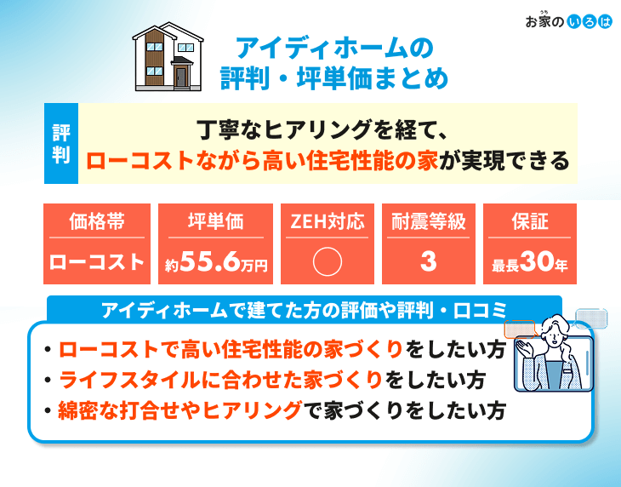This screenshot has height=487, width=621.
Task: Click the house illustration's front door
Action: click(x=180, y=77)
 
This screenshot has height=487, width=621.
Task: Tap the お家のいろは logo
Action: click(x=569, y=20)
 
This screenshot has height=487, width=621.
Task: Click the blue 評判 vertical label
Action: click(x=61, y=143)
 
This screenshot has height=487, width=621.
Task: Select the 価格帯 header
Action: click(x=97, y=221)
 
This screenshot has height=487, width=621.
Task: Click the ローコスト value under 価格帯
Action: click(x=97, y=262)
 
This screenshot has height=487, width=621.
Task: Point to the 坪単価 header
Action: click(x=215, y=221)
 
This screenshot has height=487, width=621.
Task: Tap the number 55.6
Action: click(x=210, y=261)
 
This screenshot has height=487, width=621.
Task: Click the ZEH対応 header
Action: click(x=328, y=221)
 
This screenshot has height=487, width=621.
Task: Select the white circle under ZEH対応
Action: click(x=328, y=261)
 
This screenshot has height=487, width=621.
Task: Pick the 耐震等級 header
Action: click(x=429, y=221)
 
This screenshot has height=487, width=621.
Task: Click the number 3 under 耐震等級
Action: click(x=429, y=261)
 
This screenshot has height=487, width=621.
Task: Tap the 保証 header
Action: click(x=530, y=221)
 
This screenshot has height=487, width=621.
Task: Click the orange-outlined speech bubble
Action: click(x=520, y=329)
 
